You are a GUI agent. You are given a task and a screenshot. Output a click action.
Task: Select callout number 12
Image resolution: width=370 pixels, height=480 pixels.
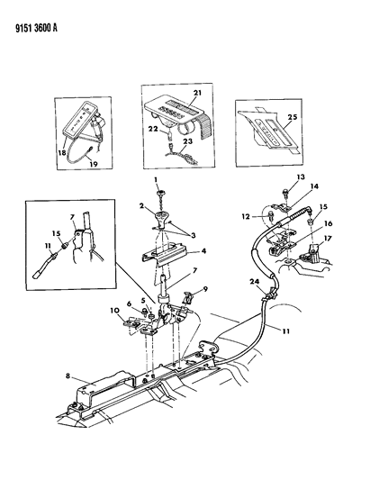coord(243,215)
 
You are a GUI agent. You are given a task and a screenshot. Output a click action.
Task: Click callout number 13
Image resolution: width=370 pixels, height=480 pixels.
coord(276,178)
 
